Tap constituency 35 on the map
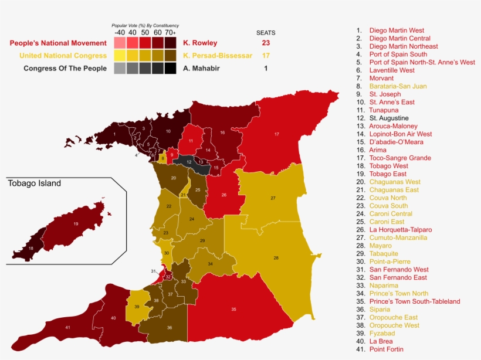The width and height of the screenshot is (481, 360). (x=233, y=309)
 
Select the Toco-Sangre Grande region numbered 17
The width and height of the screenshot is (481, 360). (x=276, y=135)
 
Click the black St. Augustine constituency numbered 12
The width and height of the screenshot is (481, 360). (x=189, y=162)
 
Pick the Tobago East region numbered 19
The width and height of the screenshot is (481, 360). (x=76, y=224)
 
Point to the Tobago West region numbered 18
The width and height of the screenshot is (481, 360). (x=31, y=248)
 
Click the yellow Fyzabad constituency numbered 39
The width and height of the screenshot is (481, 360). (x=137, y=307)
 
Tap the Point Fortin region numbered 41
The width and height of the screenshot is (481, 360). (x=68, y=327)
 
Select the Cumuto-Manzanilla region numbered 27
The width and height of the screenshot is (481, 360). (x=273, y=198)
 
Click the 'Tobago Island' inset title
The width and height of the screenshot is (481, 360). (x=34, y=184)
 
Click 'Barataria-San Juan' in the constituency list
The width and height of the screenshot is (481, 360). (x=398, y=86)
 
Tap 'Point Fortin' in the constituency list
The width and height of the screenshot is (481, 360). (x=386, y=349)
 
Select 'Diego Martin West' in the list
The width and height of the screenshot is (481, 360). (x=397, y=30)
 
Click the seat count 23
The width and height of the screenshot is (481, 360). (x=266, y=43)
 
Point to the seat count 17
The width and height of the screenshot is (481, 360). (x=266, y=56)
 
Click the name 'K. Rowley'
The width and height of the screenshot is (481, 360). (x=200, y=43)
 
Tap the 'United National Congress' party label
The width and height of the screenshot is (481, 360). (x=63, y=56)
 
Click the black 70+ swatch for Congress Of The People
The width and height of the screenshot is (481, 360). (x=170, y=69)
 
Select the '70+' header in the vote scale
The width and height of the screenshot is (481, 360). (x=170, y=33)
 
